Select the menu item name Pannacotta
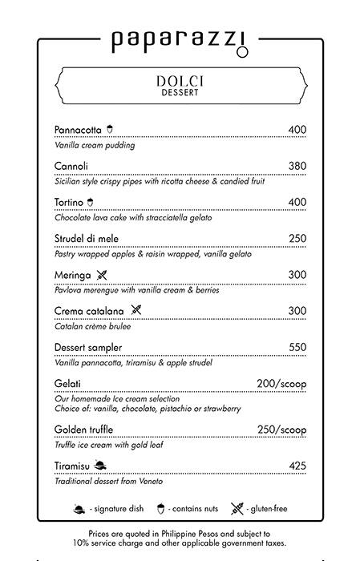tap(79, 130)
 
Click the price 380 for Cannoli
tap(297, 166)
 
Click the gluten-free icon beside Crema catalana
tap(136, 311)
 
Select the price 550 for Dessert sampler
tap(297, 347)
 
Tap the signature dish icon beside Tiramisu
tap(99, 466)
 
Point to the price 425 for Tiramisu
tap(297, 466)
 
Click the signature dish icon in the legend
tap(80, 507)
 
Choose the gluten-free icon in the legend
tap(237, 507)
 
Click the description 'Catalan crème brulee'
tap(92, 327)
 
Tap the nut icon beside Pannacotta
tap(111, 129)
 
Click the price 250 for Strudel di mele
tap(297, 238)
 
